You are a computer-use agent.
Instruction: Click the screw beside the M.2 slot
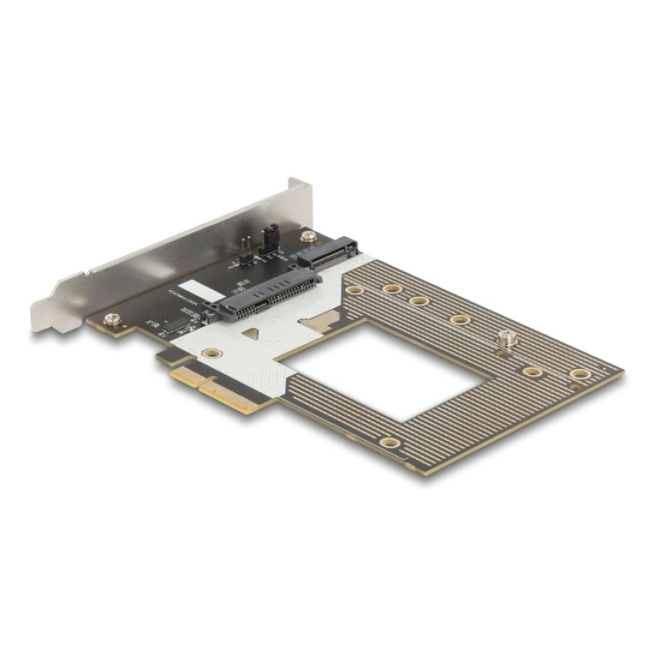click(x=307, y=236)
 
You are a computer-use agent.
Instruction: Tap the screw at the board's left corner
click(x=112, y=319)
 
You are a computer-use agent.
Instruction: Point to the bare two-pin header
click(x=244, y=245)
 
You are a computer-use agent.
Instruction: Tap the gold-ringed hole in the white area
click(x=212, y=353)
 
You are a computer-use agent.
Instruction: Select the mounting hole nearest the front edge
click(x=391, y=443)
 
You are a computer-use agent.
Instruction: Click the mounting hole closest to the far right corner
click(x=580, y=374)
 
